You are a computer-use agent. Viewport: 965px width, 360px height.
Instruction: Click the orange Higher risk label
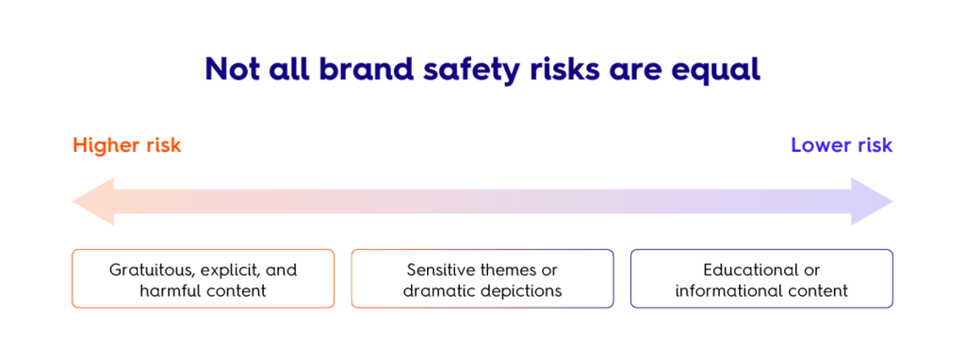pyautogui.click(x=127, y=146)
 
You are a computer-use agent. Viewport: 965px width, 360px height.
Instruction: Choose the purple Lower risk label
pyautogui.click(x=842, y=146)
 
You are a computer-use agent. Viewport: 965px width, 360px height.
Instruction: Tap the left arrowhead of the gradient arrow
pyautogui.click(x=93, y=202)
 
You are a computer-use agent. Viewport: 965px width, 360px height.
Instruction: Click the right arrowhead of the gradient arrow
pyautogui.click(x=872, y=202)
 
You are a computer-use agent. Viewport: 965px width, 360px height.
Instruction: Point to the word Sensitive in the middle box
pyautogui.click(x=439, y=270)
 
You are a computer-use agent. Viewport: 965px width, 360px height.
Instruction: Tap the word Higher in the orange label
pyautogui.click(x=104, y=146)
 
